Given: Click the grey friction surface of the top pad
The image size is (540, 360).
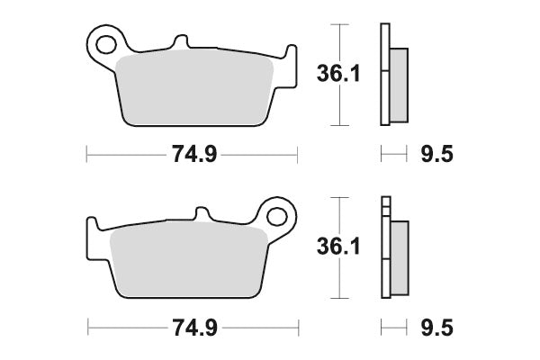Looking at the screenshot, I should pyautogui.click(x=193, y=90).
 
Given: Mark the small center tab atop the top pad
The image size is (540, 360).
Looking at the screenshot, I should pyautogui.click(x=181, y=42).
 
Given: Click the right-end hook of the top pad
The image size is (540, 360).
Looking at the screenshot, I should pyautogui.click(x=288, y=53).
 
